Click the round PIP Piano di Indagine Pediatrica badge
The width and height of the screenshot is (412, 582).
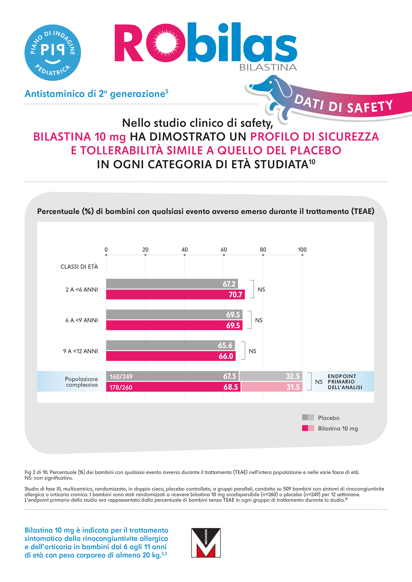(x=53, y=53)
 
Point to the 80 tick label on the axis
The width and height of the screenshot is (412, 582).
(x=263, y=250)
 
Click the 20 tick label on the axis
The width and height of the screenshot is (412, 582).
(x=145, y=250)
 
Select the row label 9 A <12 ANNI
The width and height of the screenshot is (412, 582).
(x=80, y=351)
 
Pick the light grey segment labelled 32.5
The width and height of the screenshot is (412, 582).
(x=270, y=376)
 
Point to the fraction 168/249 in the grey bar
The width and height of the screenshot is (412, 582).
(x=121, y=377)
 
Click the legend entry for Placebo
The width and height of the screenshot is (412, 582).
(x=329, y=418)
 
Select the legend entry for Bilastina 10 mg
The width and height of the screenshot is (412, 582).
(x=338, y=428)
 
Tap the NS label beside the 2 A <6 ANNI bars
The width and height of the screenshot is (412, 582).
(x=261, y=289)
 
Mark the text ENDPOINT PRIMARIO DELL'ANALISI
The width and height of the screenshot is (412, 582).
(x=345, y=382)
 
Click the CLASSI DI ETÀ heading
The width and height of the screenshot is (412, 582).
(x=79, y=267)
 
